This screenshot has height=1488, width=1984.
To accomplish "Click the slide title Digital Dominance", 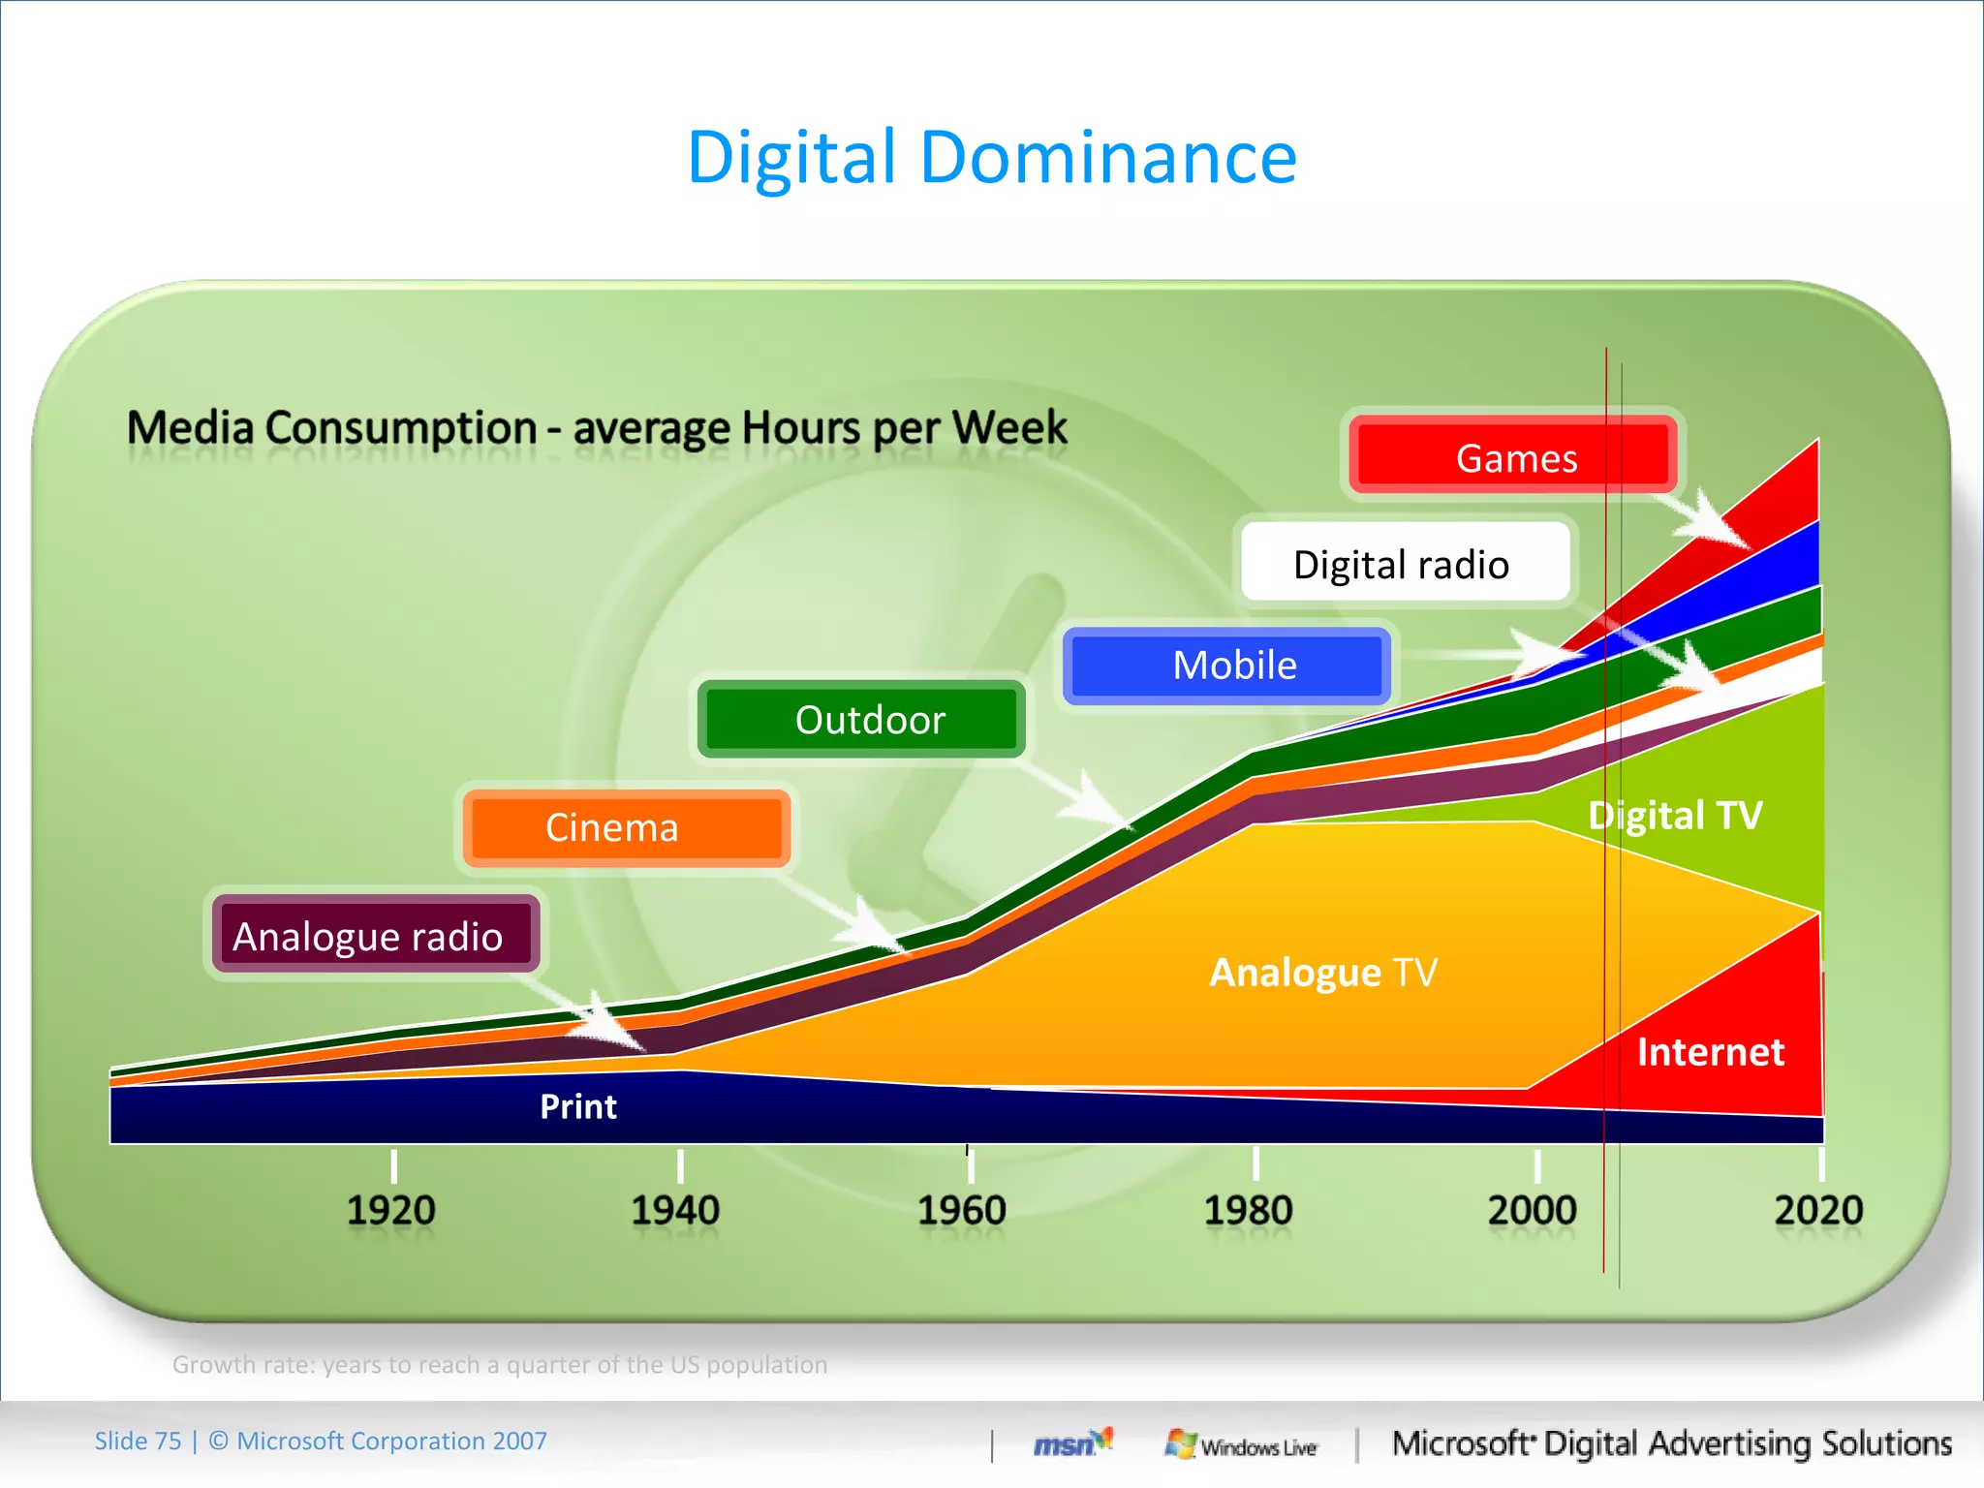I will [x=991, y=157].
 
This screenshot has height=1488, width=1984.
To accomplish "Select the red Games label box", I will [x=1513, y=456].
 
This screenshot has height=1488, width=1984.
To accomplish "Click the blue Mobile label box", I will [x=1228, y=666].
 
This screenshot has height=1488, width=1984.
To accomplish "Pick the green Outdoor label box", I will [x=862, y=720].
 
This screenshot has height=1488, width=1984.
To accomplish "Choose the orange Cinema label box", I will [x=626, y=827].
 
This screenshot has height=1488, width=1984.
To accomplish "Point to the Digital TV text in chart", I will [x=1675, y=816].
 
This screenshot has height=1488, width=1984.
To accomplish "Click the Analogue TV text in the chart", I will [x=1323, y=972].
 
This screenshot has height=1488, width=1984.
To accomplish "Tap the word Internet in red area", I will [x=1710, y=1052].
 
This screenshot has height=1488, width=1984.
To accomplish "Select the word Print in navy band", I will [x=577, y=1106].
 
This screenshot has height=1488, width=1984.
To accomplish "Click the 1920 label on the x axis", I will [x=391, y=1210].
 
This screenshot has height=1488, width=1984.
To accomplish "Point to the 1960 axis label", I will [x=962, y=1210].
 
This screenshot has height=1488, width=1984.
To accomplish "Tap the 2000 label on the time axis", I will [x=1533, y=1210].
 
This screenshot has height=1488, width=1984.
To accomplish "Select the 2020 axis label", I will [x=1818, y=1210].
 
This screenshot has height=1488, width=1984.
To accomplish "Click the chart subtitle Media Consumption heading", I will [x=597, y=427].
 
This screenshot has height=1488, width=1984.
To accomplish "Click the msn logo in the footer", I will [x=1071, y=1443].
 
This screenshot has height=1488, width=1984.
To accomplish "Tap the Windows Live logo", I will [x=1241, y=1444].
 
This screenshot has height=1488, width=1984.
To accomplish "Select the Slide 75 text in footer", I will [x=138, y=1441].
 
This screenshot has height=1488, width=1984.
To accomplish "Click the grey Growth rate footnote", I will [x=500, y=1364].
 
